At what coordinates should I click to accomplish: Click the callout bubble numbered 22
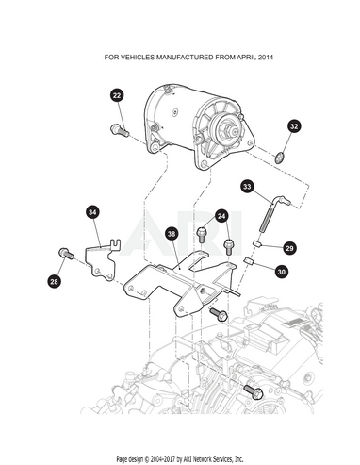pos(117,95)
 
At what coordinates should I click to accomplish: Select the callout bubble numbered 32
pos(294,126)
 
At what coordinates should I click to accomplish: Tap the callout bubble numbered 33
pos(247,187)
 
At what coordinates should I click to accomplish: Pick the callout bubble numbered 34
pos(92,212)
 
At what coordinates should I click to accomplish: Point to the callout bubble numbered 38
pos(172,234)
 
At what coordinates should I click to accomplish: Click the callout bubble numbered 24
pos(221,216)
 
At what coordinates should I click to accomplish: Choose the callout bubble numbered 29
pos(289,248)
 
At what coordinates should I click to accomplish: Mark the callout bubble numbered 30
pos(282,271)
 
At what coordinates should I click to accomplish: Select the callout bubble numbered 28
pos(55,281)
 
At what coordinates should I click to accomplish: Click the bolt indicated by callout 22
pos(120,130)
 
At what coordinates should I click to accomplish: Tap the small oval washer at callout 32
pos(279,158)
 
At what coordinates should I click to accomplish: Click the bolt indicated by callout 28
pos(66,253)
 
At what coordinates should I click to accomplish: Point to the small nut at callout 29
pos(257,243)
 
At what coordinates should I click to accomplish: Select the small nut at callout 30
pos(249,260)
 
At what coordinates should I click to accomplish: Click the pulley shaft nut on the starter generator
pos(228,128)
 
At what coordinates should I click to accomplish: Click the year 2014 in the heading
pos(266,58)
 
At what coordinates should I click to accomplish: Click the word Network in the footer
pos(203,458)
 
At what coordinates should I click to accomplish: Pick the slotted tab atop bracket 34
pos(116,244)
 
